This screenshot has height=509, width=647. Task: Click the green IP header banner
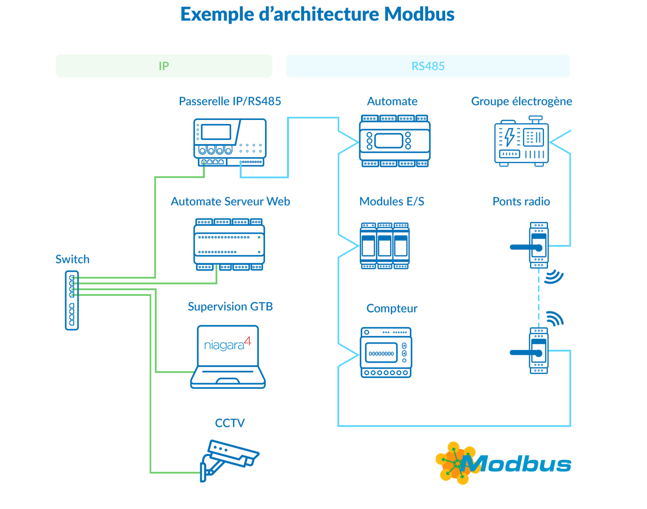[164, 66]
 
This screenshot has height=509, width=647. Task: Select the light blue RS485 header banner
[428, 66]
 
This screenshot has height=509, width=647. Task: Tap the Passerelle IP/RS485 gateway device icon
[230, 142]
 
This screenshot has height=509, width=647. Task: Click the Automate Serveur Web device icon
[229, 244]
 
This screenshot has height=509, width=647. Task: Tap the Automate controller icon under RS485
[394, 141]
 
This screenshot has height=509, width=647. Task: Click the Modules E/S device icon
[385, 246]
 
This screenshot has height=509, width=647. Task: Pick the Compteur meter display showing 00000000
[381, 354]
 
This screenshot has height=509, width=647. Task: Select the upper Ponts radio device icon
[538, 245]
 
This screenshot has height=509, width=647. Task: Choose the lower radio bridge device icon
[538, 351]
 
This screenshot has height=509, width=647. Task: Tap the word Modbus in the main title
[419, 14]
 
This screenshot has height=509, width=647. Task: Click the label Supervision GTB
[230, 306]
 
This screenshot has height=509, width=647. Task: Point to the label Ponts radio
[521, 201]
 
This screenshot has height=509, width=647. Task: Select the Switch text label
[72, 259]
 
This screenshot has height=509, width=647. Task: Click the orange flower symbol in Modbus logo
[454, 463]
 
